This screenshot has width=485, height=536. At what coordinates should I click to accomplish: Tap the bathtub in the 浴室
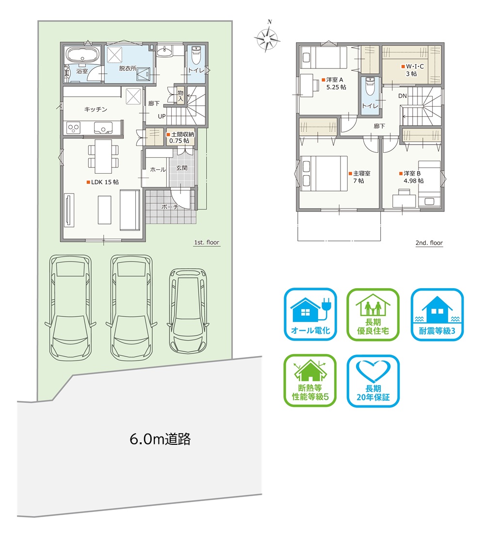pyautogui.click(x=82, y=55)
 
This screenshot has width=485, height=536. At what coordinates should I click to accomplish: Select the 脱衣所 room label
pyautogui.click(x=128, y=68)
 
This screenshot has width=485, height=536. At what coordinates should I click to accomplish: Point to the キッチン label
pyautogui.click(x=96, y=109)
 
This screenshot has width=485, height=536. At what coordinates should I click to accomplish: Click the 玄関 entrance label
pyautogui.click(x=182, y=168)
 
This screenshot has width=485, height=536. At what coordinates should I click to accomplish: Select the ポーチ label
pyautogui.click(x=170, y=207)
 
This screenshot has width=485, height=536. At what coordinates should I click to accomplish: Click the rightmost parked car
pyautogui.click(x=188, y=311)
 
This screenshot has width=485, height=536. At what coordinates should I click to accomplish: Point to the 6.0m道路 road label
pyautogui.click(x=160, y=439)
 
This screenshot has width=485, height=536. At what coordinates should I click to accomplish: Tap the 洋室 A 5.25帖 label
pyautogui.click(x=334, y=83)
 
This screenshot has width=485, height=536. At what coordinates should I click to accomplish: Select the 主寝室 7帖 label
pyautogui.click(x=359, y=177)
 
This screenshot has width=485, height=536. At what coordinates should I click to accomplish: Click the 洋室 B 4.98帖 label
pyautogui.click(x=411, y=177)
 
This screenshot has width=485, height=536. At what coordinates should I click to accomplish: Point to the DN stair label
pyautogui.click(x=402, y=96)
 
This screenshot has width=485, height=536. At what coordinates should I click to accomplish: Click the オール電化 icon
pyautogui.click(x=310, y=314)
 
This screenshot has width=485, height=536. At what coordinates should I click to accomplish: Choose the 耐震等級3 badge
pyautogui.click(x=437, y=314)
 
